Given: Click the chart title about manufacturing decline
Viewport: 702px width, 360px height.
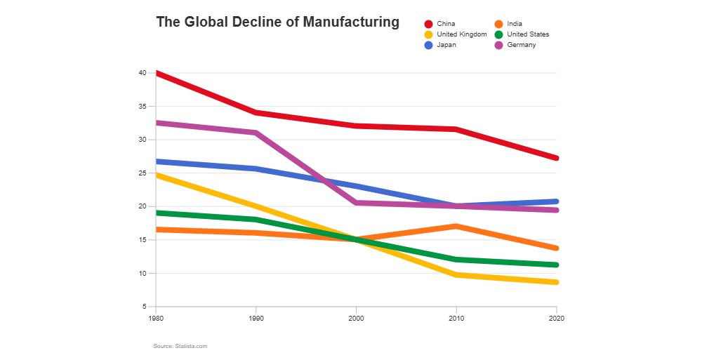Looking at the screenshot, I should (277, 22).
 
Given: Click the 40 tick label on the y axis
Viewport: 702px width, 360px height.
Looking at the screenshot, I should (142, 73).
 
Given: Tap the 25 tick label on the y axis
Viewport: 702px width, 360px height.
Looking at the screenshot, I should (142, 173).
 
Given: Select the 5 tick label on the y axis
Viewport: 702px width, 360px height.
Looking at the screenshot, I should (143, 307).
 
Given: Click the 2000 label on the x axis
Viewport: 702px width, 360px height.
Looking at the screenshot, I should (356, 318).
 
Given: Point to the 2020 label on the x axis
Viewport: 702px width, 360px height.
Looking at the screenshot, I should (556, 318).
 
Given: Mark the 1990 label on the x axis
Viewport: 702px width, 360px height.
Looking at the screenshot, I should (256, 318).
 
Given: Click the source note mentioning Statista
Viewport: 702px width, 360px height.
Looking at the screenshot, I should (180, 346).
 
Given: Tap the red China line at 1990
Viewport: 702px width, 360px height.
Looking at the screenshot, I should (256, 112).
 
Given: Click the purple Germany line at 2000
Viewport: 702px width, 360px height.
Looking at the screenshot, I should (356, 203).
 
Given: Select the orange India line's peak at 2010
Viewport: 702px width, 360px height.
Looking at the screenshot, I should (456, 226).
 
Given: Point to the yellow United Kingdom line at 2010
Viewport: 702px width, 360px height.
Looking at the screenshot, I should (456, 275).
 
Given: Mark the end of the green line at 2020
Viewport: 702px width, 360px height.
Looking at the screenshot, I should (555, 265).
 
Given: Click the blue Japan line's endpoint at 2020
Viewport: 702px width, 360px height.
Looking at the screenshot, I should (555, 201).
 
